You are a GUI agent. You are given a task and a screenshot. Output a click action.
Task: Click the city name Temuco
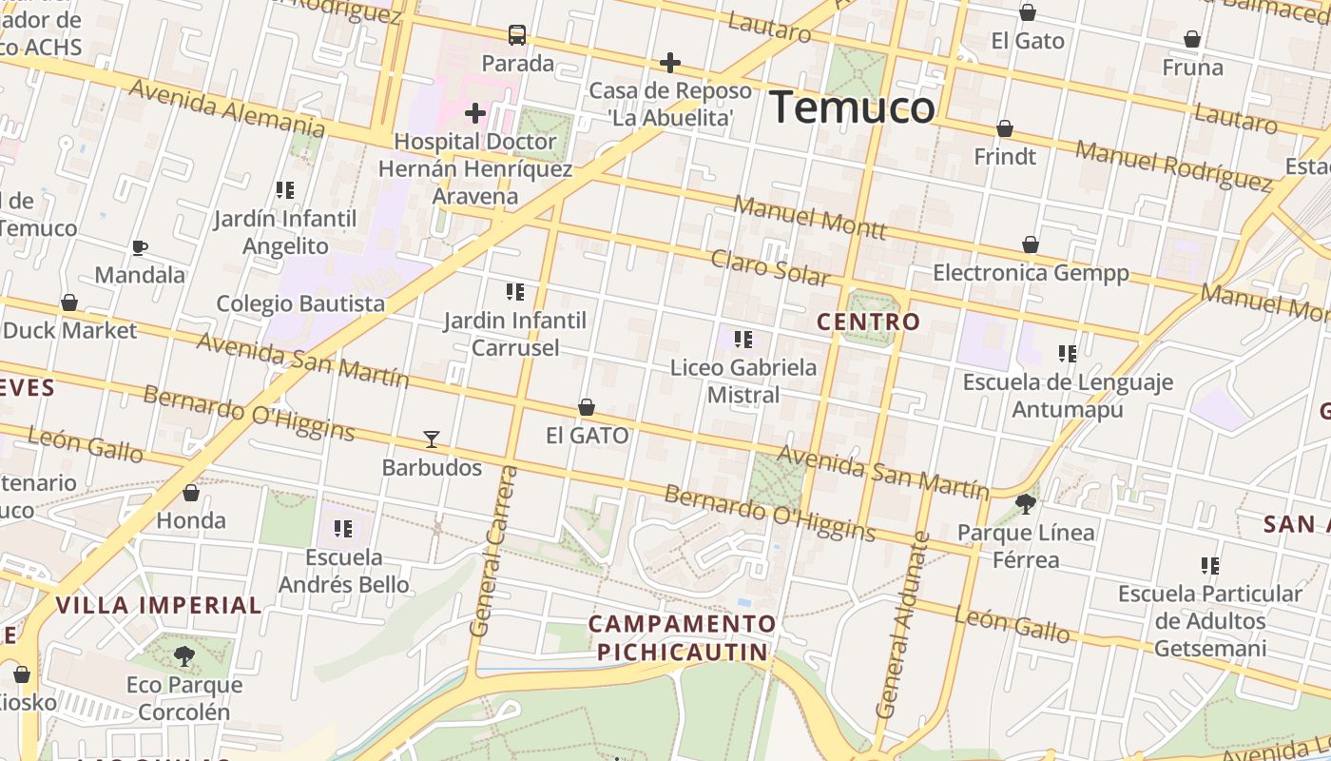(852, 107)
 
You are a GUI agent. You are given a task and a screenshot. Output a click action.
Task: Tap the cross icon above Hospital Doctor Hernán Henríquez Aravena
(474, 114)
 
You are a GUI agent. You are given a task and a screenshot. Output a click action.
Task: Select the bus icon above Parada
(517, 35)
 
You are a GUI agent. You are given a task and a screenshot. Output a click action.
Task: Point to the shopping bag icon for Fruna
(1192, 39)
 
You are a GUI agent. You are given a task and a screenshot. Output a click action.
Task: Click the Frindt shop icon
(1005, 128)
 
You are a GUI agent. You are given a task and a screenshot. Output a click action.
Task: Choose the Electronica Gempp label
(1031, 273)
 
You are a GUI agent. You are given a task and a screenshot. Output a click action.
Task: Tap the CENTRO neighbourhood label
(869, 322)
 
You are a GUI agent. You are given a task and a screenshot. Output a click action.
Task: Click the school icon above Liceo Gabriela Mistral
(743, 339)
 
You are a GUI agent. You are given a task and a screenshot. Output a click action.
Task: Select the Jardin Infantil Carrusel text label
(515, 334)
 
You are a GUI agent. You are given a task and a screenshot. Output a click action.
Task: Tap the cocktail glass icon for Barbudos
(432, 439)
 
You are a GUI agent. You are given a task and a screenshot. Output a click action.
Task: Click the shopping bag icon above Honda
(191, 493)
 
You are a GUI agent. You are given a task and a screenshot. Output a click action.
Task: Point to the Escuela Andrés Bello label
(344, 571)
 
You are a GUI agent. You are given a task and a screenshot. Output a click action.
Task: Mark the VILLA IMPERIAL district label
(159, 605)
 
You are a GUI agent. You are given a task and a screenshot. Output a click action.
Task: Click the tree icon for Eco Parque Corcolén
(184, 655)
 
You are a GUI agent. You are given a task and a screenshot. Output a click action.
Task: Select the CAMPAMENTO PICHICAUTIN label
(682, 637)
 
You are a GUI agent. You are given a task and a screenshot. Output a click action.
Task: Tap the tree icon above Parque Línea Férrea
(1025, 503)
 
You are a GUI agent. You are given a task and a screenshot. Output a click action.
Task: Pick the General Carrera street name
(494, 552)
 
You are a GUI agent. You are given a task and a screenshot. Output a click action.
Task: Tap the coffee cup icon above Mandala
(140, 248)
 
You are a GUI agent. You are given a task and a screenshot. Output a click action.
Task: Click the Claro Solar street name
(770, 267)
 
